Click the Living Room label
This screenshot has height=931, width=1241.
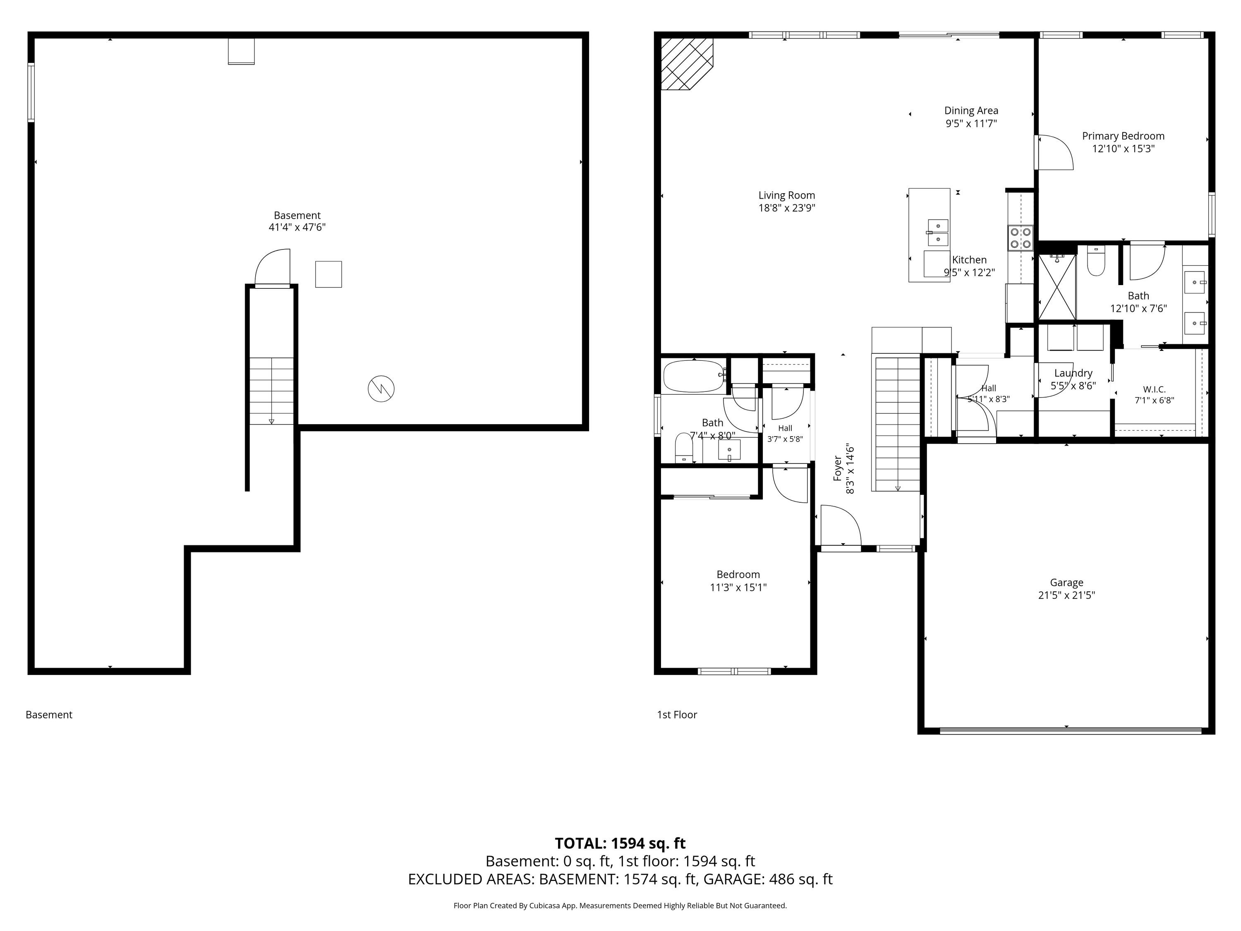pos(786,195)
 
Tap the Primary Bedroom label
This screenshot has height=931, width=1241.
pos(1123,136)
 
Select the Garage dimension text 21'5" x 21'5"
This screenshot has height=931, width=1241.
pos(1066,595)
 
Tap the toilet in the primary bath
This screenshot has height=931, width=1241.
pos(1096,262)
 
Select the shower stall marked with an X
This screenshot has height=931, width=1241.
pos(1057,287)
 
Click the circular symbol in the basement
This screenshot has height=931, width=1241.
pos(381,389)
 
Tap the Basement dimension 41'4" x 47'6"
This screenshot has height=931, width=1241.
pos(297,227)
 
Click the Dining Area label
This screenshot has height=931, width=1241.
pos(971,110)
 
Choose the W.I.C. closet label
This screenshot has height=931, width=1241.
pos(1154,389)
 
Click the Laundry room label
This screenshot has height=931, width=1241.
pos(1073,373)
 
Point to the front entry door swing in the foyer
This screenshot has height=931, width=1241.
pos(841,525)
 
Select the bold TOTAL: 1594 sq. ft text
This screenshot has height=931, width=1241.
pos(620,843)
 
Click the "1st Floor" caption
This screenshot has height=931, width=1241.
pos(677,714)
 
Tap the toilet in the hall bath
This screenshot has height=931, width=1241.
pos(684,448)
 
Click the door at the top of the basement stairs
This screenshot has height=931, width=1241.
pos(273,268)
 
